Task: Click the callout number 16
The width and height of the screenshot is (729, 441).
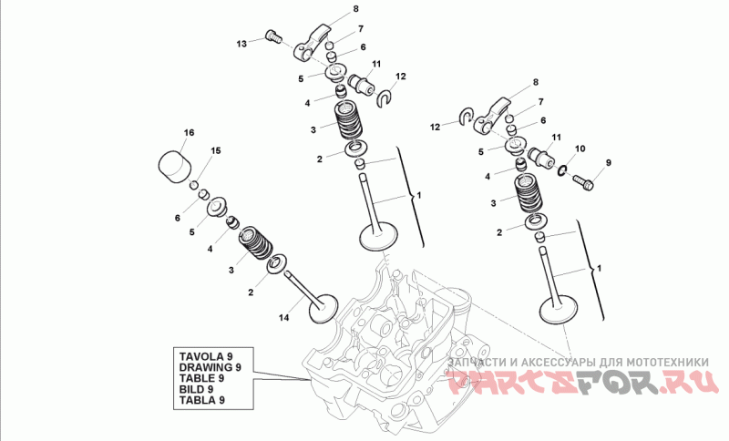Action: pyautogui.click(x=189, y=133)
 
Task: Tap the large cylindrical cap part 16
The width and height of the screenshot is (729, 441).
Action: pyautogui.click(x=175, y=167)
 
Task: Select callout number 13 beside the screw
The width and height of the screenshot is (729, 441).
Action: pyautogui.click(x=241, y=44)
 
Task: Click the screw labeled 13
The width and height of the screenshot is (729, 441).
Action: pyautogui.click(x=273, y=36)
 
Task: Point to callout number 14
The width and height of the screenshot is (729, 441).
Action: pyautogui.click(x=283, y=318)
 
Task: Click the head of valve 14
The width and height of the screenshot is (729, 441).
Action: pyautogui.click(x=323, y=309)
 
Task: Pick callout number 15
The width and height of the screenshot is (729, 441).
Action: pyautogui.click(x=216, y=150)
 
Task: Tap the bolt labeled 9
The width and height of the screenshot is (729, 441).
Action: pyautogui.click(x=583, y=181)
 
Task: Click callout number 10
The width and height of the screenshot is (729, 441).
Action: pyautogui.click(x=580, y=149)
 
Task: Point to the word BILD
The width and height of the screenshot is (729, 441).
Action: pyautogui.click(x=191, y=389)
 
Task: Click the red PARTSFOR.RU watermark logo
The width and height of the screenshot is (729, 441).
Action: pyautogui.click(x=583, y=384)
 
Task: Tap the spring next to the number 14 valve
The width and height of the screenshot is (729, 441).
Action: pyautogui.click(x=256, y=242)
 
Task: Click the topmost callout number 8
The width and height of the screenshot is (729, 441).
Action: pyautogui.click(x=355, y=8)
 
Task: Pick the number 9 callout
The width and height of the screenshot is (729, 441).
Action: pyautogui.click(x=608, y=163)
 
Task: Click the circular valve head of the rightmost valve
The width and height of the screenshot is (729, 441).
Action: pyautogui.click(x=558, y=311)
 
